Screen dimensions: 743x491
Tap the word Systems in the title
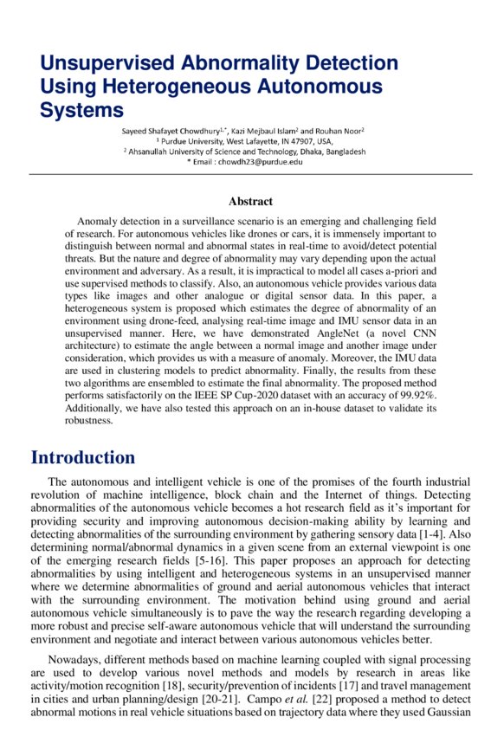coord(81,110)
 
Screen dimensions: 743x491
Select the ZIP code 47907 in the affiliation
coord(300,140)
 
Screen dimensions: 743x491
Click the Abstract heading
coord(250,202)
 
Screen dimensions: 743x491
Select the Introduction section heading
coord(83,457)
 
